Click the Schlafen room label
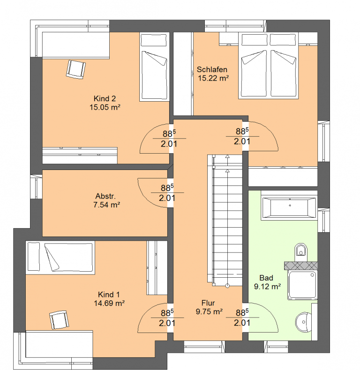tap(212, 70)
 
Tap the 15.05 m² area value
tap(105, 107)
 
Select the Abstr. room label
tap(105, 196)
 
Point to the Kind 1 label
tap(109, 295)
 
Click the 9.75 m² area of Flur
tap(209, 311)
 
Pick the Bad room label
tap(266, 278)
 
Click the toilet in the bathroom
tap(300, 252)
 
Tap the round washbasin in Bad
tap(303, 322)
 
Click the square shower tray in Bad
tap(302, 285)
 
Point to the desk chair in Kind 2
tap(76, 69)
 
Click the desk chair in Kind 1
tap(59, 320)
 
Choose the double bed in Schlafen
tap(268, 66)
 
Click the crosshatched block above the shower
tap(301, 266)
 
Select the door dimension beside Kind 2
tap(169, 139)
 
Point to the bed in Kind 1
tap(60, 258)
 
